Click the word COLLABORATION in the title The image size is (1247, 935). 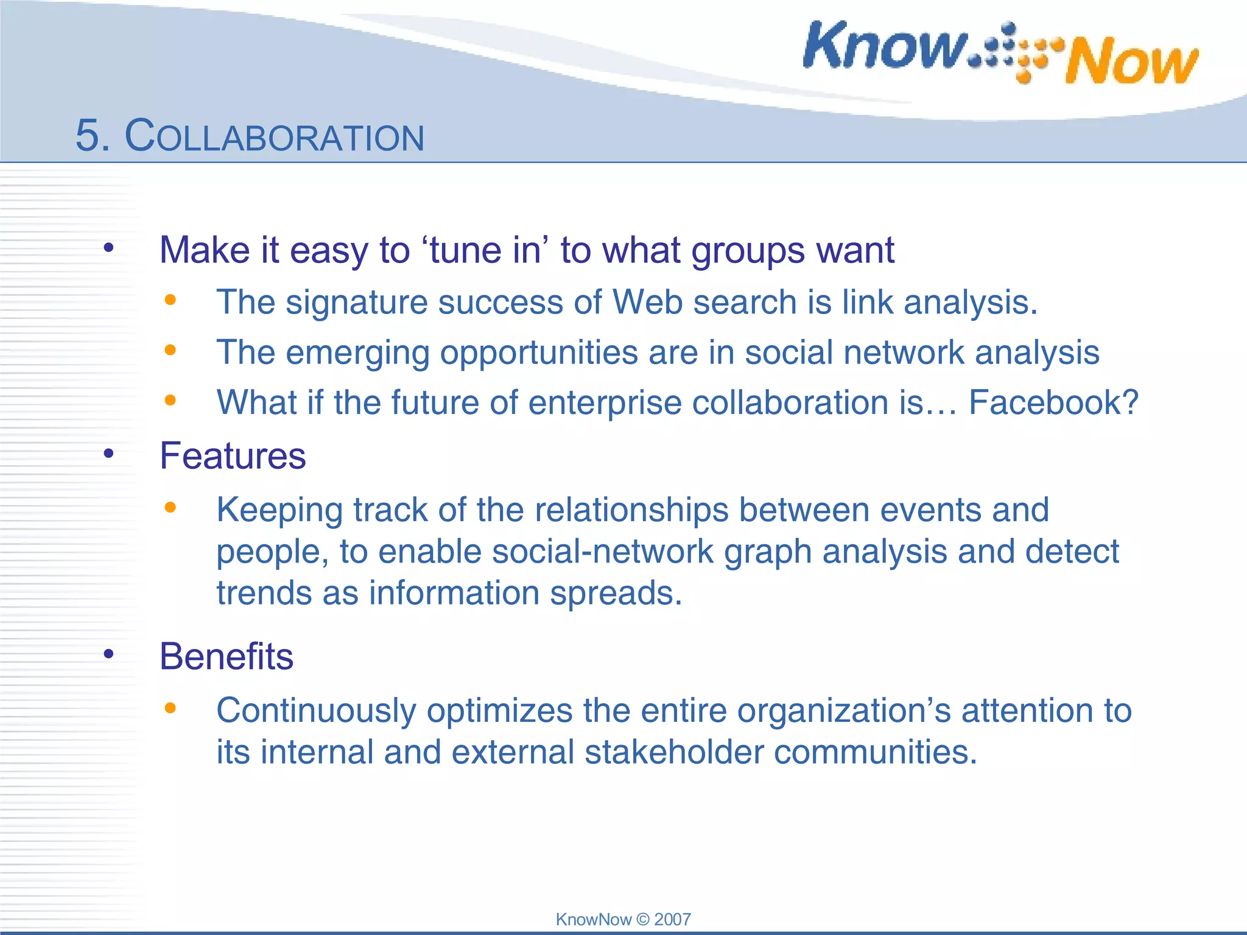click(275, 136)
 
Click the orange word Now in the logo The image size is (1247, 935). click(1131, 61)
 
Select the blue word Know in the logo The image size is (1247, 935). click(884, 46)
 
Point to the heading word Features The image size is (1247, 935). click(233, 456)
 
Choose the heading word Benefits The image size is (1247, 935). click(227, 656)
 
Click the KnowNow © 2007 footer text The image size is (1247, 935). click(623, 919)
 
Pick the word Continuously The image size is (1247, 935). click(316, 710)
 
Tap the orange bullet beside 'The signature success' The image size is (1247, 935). click(170, 299)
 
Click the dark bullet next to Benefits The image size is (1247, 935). click(109, 654)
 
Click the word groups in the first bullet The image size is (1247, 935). click(748, 251)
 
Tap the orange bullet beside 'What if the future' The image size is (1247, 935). click(170, 400)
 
